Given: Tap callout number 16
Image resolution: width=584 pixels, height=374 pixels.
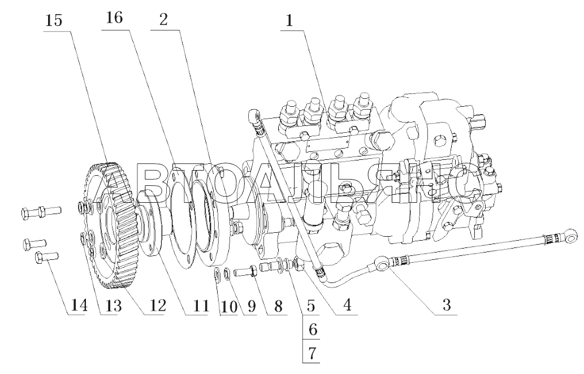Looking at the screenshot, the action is click(x=114, y=18).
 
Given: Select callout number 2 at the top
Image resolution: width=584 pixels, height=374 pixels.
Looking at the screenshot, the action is click(x=163, y=20).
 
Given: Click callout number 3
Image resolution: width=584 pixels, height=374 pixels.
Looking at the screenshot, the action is click(x=447, y=305).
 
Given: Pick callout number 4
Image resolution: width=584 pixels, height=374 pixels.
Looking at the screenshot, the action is click(x=347, y=305).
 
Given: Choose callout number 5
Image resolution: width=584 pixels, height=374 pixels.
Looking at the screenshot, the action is click(x=311, y=306).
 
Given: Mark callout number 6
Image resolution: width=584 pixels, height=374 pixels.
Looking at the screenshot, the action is click(x=312, y=329).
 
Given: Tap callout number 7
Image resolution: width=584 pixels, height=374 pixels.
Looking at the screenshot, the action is click(x=312, y=353).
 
